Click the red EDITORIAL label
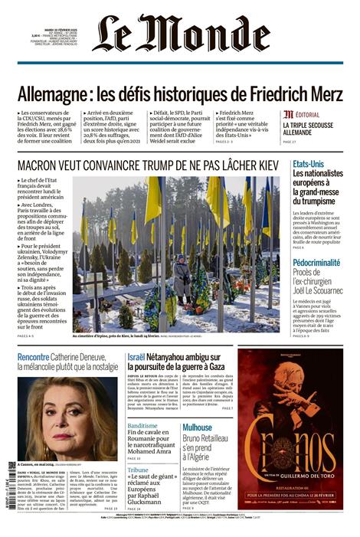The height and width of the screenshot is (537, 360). pyautogui.click(x=303, y=114)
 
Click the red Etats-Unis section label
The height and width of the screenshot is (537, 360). pyautogui.click(x=308, y=165)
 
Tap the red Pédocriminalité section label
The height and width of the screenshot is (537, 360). pyautogui.click(x=317, y=263)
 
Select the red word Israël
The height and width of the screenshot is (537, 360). pyautogui.click(x=136, y=357)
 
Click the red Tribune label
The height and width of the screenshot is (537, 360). pyautogui.click(x=139, y=470)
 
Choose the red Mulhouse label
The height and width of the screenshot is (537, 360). pyautogui.click(x=198, y=427)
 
